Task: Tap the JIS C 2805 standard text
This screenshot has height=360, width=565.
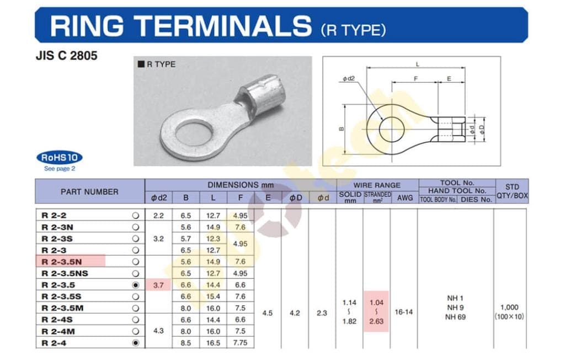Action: (x=66, y=56)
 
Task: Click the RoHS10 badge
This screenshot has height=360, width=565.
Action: (x=59, y=157)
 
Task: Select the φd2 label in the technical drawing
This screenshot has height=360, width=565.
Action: (x=349, y=79)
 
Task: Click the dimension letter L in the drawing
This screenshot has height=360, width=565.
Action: (x=417, y=65)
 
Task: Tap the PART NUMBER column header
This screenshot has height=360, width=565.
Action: (x=89, y=192)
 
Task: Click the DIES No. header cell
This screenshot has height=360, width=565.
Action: (x=476, y=200)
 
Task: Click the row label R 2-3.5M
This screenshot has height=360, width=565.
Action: (x=62, y=308)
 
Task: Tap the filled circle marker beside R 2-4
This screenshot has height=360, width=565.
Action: (x=136, y=343)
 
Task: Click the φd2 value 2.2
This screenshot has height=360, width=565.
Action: (x=158, y=216)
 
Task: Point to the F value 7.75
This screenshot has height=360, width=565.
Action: (x=240, y=343)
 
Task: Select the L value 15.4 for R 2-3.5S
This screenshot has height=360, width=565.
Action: (x=213, y=297)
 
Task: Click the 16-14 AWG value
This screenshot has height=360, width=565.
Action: (x=404, y=312)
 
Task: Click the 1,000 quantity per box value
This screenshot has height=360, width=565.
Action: (x=510, y=308)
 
